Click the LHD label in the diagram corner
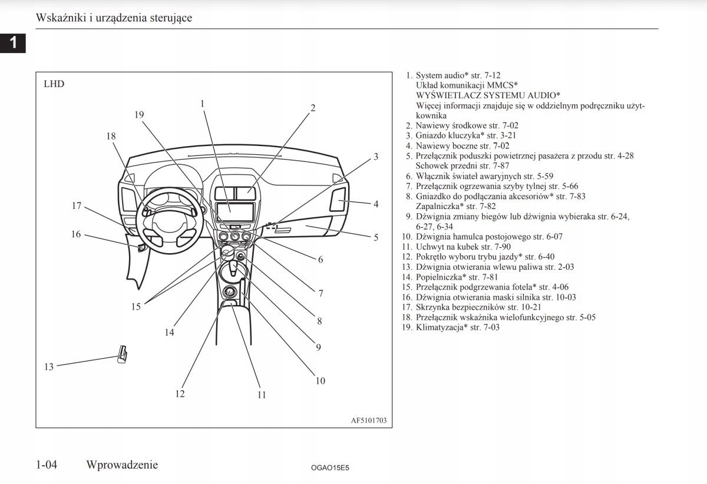point(54,84)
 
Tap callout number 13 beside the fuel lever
point(49,367)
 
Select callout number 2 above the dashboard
point(313,108)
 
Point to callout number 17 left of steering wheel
point(77,206)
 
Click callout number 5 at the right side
point(376,238)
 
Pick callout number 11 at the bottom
point(262,395)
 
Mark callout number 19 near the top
point(139,115)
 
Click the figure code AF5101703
point(369,420)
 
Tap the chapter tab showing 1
point(12,42)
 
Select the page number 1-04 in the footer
point(47,465)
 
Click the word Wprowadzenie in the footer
point(122,465)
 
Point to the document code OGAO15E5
point(330,467)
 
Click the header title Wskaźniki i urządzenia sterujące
point(114,18)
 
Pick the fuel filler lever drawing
point(122,354)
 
